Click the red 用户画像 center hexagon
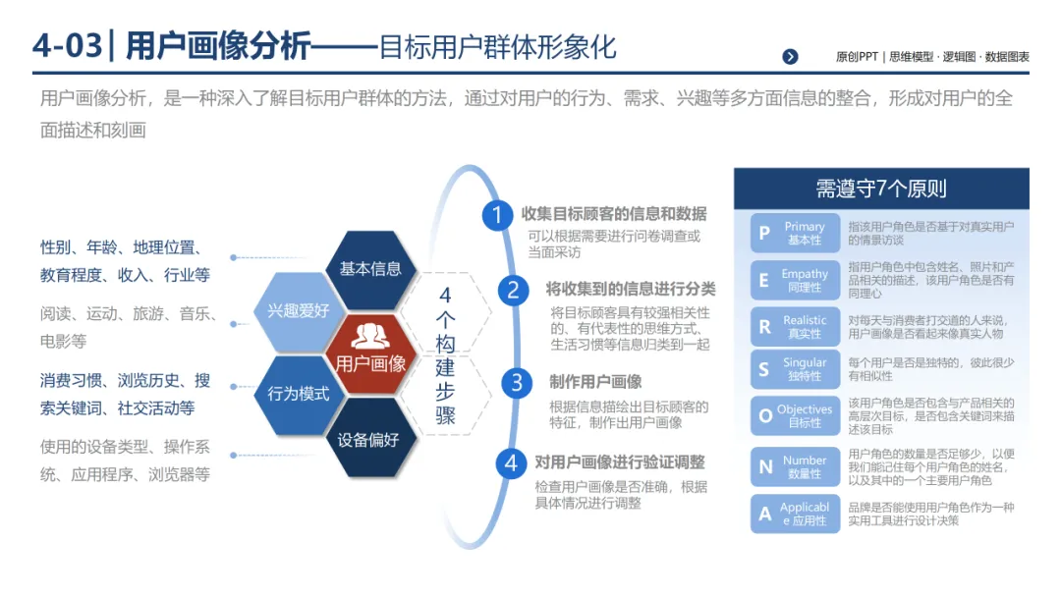point(369,353)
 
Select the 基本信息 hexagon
point(369,268)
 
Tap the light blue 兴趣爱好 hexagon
point(298,311)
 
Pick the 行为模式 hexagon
point(298,394)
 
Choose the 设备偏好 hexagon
point(369,439)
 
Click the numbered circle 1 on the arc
point(497,214)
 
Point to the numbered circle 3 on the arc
point(516,382)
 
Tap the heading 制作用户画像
point(595,382)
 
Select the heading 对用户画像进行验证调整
point(619,461)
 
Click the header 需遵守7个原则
point(881,189)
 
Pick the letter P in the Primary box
point(764,234)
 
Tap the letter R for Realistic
point(764,327)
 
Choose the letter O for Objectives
point(764,416)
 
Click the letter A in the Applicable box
point(764,514)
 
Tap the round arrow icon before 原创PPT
point(790,56)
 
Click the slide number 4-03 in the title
point(67,45)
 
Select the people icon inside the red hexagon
point(369,336)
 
